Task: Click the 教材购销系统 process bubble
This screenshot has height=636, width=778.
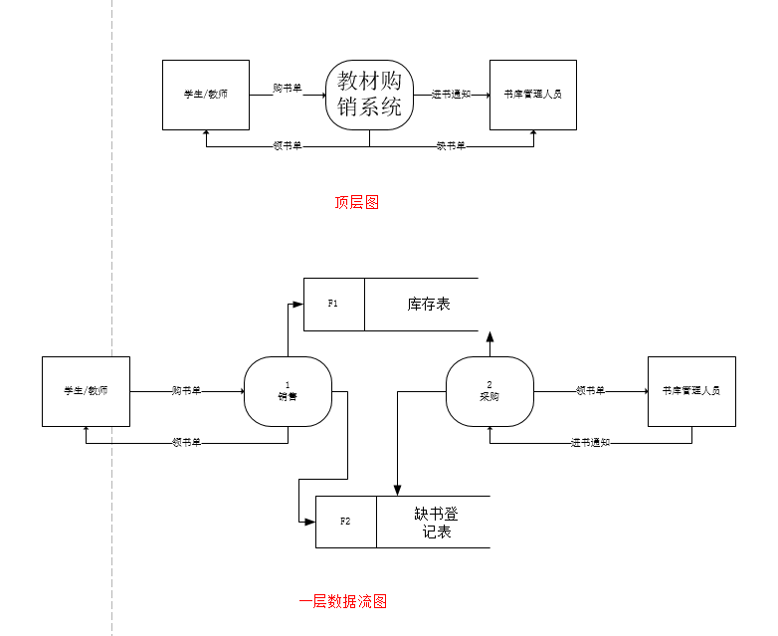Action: pos(369,95)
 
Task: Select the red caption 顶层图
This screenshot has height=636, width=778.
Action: pos(356,203)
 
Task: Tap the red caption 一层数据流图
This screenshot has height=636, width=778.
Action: pos(342,601)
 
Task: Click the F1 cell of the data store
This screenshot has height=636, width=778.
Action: pos(334,304)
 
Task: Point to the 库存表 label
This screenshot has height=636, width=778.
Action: pos(429,304)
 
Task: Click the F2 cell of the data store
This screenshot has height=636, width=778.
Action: pos(346,522)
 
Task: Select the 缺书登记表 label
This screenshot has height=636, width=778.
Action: pos(436,523)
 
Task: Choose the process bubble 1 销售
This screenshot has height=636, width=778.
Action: pos(288,391)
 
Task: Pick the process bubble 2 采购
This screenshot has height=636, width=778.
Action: pos(489,391)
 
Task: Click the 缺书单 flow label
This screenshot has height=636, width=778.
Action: pos(451,146)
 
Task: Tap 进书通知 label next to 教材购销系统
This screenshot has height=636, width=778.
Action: pos(451,95)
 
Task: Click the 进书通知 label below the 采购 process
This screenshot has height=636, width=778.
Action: pos(590,442)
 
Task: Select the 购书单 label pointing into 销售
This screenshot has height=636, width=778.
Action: pos(186,391)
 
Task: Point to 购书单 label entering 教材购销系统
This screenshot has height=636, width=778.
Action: pos(288,88)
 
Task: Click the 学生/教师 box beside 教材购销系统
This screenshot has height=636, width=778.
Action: pos(206,95)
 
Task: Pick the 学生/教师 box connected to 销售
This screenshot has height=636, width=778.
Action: pos(86,391)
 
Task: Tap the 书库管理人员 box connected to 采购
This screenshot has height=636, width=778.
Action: pos(691,391)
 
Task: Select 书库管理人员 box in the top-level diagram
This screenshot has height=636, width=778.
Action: pos(533,95)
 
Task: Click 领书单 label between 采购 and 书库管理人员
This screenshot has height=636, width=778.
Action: pos(590,391)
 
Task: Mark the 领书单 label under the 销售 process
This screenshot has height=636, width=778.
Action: pos(186,442)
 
